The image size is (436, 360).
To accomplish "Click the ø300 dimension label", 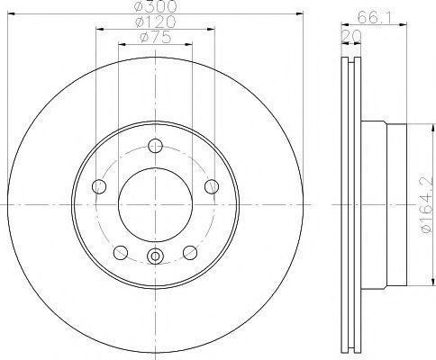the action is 155,6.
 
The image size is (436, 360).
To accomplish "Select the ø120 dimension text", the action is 155,22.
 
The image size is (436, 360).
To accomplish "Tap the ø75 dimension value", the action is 156,37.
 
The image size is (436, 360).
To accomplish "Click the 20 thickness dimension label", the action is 351,36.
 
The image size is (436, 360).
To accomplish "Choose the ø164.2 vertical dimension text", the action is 428,205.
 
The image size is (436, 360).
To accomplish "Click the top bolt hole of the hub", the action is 156,146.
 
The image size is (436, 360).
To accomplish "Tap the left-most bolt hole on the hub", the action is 99,186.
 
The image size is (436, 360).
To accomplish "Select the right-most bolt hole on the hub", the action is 212,186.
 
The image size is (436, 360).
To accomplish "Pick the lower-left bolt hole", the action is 121,253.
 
